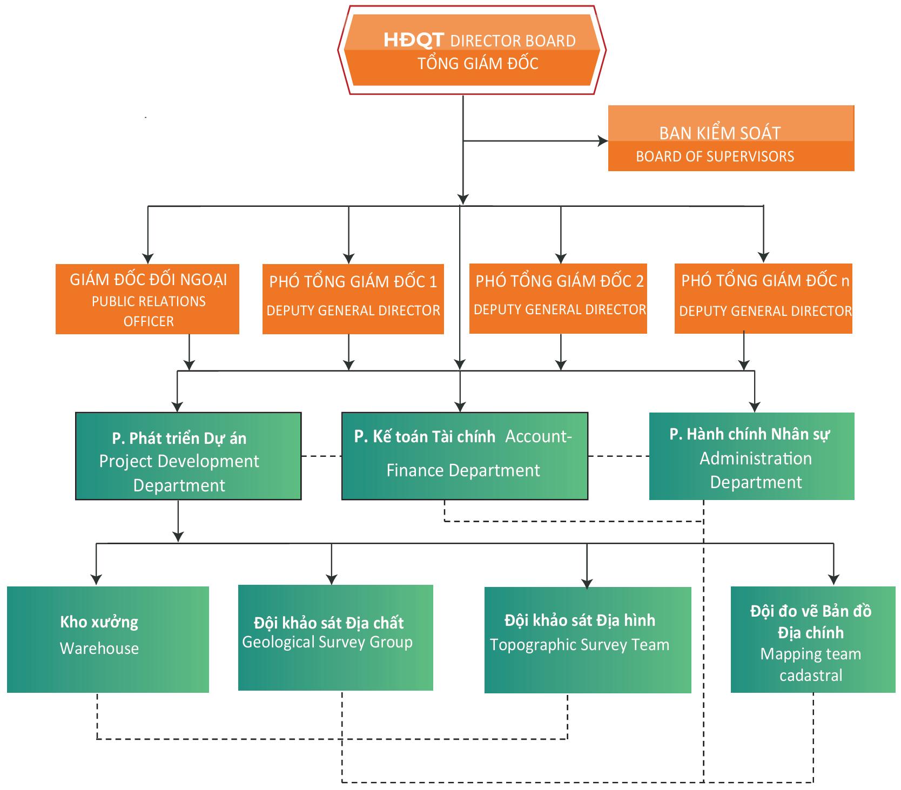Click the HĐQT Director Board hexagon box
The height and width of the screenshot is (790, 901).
(x=472, y=51)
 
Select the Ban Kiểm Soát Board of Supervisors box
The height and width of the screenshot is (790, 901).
(x=731, y=139)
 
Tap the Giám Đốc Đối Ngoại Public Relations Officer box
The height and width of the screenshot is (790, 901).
(x=147, y=299)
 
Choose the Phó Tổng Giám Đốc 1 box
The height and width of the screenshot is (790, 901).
(x=353, y=299)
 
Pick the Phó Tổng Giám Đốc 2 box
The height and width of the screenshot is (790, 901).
(x=558, y=298)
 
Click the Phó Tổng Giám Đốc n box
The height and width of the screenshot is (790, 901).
(x=763, y=298)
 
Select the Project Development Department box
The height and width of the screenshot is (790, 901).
(x=188, y=456)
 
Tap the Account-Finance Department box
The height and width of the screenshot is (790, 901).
(x=465, y=456)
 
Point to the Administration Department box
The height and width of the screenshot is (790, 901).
(x=751, y=456)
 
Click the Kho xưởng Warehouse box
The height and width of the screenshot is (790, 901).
(x=108, y=639)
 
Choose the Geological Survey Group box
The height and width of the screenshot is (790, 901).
(x=335, y=638)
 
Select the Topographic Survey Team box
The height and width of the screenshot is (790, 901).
(x=588, y=640)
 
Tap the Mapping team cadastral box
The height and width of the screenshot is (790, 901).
(x=812, y=639)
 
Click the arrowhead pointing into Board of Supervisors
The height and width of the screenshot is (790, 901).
(x=603, y=141)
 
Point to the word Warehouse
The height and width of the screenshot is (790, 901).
(x=99, y=649)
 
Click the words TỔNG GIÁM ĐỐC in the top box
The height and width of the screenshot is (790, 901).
(x=478, y=64)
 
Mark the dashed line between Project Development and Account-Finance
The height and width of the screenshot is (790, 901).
(x=321, y=456)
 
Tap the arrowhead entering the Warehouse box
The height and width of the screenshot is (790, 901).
(x=96, y=580)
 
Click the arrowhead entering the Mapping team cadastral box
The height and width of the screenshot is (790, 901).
(x=833, y=580)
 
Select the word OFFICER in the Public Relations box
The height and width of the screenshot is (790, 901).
(x=149, y=322)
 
